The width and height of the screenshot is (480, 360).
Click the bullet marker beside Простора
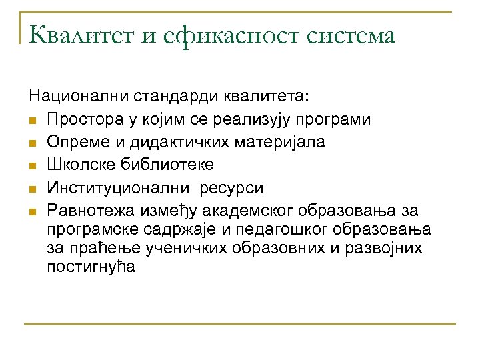click(x=33, y=120)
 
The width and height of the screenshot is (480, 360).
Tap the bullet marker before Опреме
click(x=33, y=143)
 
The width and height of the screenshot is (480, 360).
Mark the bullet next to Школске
click(x=33, y=166)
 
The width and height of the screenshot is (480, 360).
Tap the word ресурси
click(x=233, y=189)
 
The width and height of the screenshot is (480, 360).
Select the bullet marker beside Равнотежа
click(x=33, y=212)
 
